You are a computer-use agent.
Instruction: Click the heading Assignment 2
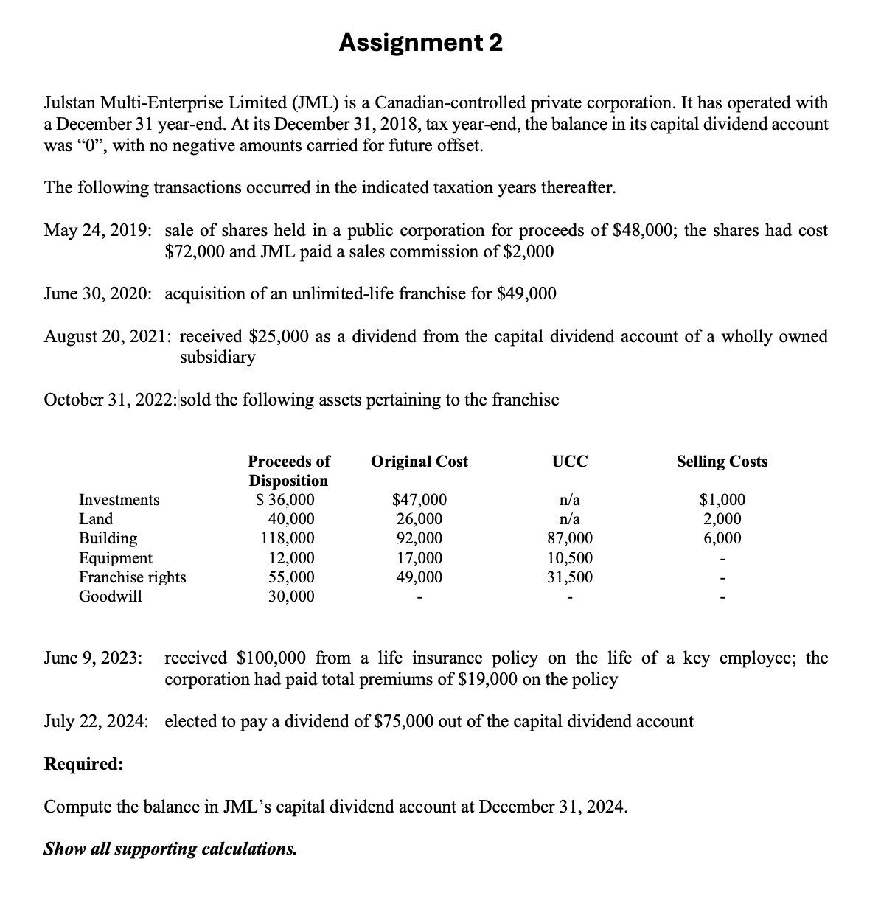[x=421, y=44]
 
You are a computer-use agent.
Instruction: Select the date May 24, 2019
[x=98, y=231]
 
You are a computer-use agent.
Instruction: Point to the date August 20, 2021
[x=108, y=337]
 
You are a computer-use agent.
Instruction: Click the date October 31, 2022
[x=110, y=400]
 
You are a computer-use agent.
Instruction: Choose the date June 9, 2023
[x=94, y=658]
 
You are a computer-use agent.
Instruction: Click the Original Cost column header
[x=419, y=462]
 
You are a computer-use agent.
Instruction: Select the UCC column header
[x=570, y=462]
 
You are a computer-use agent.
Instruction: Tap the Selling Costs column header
[x=722, y=462]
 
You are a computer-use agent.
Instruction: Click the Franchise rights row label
[x=133, y=577]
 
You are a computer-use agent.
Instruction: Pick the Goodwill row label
[x=111, y=596]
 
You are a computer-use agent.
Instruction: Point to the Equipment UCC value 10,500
[x=570, y=558]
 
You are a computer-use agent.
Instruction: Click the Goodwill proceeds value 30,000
[x=291, y=596]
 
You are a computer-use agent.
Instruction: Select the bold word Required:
[x=84, y=764]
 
